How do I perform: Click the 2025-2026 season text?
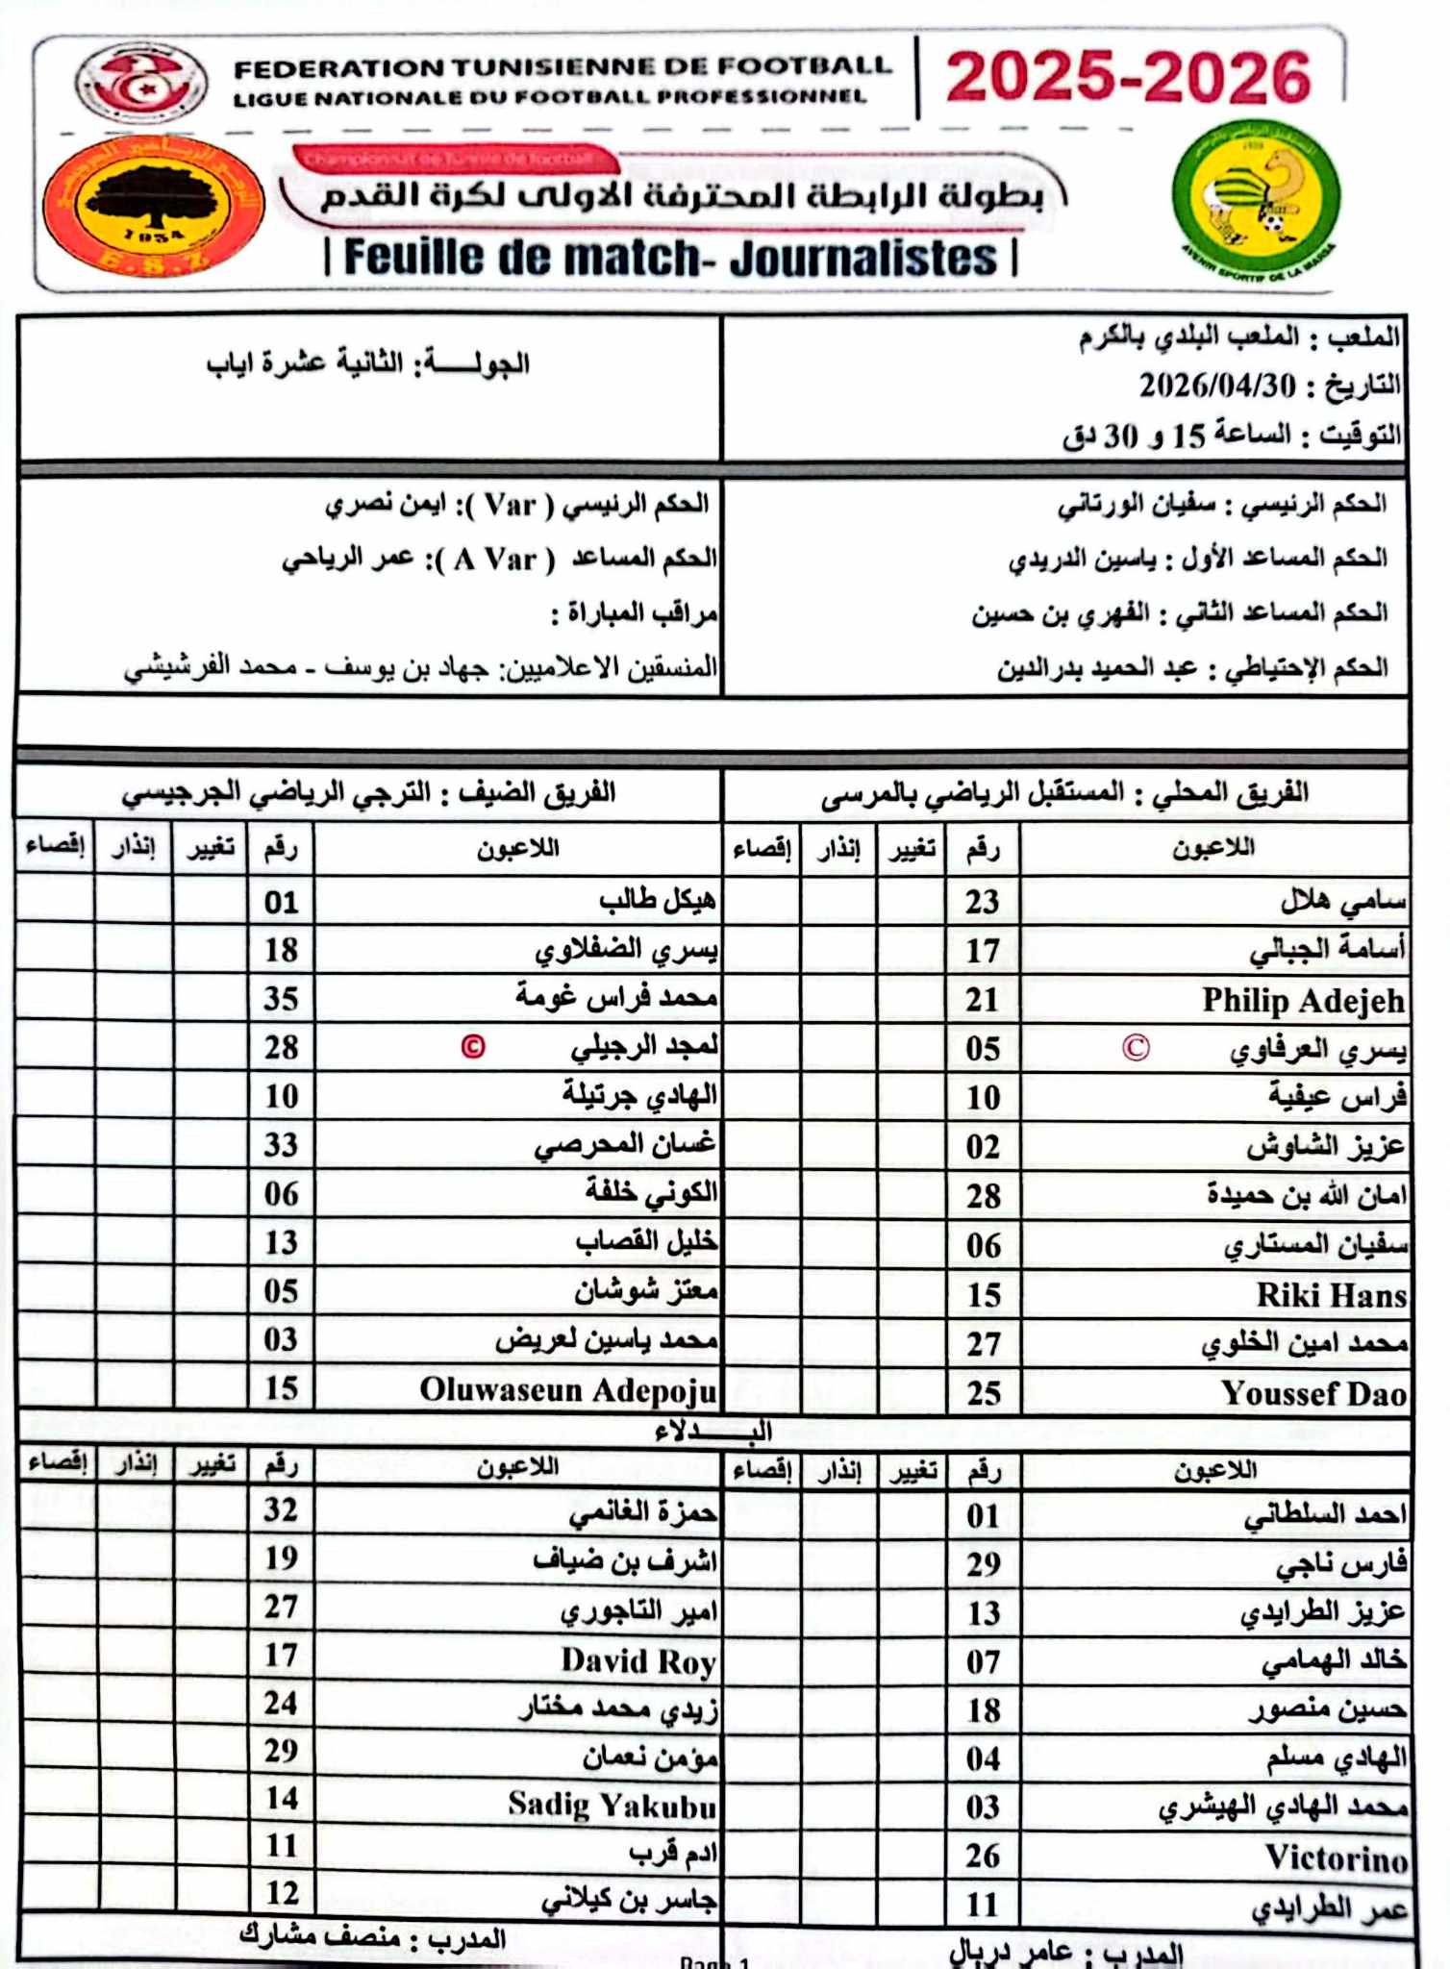[1128, 77]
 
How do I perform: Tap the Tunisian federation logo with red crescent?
[141, 83]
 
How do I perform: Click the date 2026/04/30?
[1216, 386]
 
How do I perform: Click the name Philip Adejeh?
[1303, 1001]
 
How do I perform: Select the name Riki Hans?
[1331, 1296]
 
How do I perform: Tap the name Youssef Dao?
[1313, 1394]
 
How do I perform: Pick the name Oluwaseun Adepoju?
[568, 1390]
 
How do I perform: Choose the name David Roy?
[638, 1660]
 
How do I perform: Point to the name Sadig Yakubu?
[612, 1806]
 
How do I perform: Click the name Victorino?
[1336, 1857]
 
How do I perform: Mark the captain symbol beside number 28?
[473, 1046]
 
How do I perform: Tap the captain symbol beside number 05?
[1136, 1048]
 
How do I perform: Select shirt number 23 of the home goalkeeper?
[983, 902]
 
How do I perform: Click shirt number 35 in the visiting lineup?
[281, 999]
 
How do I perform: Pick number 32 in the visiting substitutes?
[281, 1509]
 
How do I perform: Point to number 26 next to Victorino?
[983, 1856]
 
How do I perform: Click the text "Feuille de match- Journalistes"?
[670, 258]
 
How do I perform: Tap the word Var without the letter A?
[510, 505]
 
